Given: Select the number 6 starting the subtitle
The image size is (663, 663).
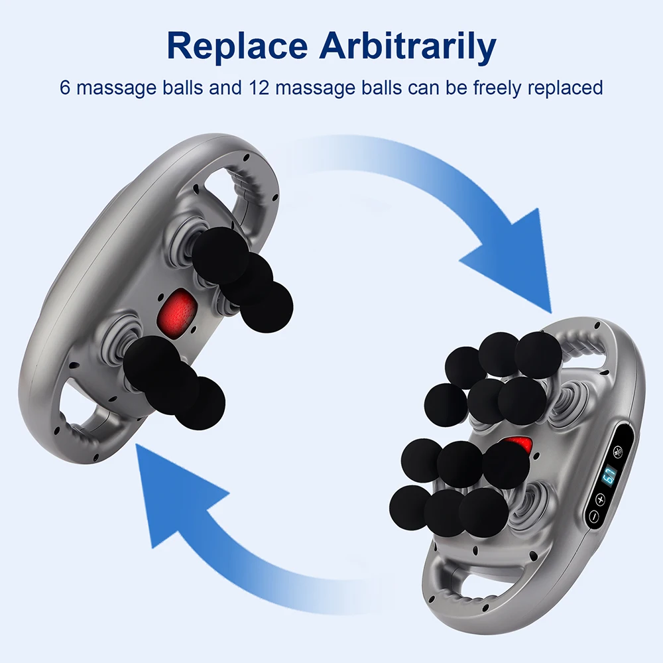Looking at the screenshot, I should [x=65, y=87].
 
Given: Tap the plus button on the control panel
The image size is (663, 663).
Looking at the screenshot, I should [x=601, y=499].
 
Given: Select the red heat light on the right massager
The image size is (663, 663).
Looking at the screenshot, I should [x=519, y=446].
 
